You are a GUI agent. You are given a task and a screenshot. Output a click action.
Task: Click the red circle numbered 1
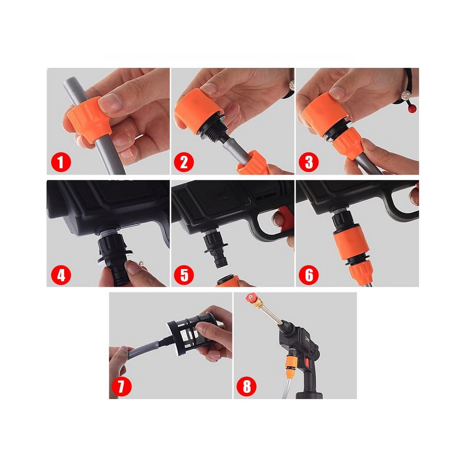tap(61, 162)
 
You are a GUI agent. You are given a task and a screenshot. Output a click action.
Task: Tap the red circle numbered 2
tap(184, 162)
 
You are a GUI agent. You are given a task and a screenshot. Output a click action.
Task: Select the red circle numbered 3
tap(309, 162)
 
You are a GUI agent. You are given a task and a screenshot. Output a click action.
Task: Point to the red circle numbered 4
tap(61, 275)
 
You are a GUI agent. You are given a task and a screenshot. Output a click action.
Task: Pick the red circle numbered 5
tap(184, 275)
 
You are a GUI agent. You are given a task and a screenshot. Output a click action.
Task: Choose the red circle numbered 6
tap(309, 275)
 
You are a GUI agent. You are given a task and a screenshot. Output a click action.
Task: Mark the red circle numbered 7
tap(121, 386)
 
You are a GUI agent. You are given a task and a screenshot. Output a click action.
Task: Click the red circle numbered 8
tap(247, 386)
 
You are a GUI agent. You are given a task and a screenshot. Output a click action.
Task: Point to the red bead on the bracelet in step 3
tap(412, 108)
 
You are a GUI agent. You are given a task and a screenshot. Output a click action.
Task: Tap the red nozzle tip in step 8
tap(251, 297)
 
